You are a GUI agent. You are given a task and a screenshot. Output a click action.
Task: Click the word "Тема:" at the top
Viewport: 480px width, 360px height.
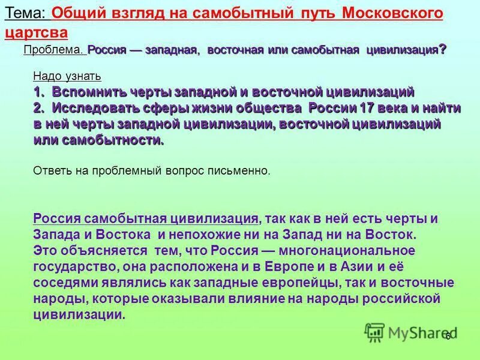click(25, 13)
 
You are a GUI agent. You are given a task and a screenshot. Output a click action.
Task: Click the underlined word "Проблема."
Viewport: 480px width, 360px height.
click(53, 50)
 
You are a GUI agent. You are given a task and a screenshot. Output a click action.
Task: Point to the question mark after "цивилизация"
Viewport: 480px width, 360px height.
click(442, 50)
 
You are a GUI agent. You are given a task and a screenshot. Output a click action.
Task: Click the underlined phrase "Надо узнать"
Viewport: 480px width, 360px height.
click(67, 77)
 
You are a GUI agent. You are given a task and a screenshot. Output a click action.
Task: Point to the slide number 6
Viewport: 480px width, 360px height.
click(448, 337)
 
